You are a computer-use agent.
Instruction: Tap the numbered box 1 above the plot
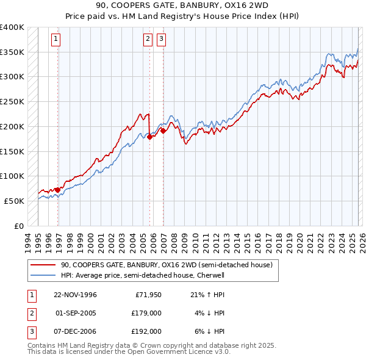[56, 39]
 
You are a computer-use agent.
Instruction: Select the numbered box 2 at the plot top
[148, 39]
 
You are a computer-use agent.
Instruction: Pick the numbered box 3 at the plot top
[161, 39]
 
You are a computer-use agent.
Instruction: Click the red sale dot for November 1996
[58, 190]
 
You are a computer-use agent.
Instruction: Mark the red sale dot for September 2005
[149, 137]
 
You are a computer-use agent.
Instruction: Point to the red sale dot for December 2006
[163, 131]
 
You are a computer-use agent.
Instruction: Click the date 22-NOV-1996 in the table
[75, 295]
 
